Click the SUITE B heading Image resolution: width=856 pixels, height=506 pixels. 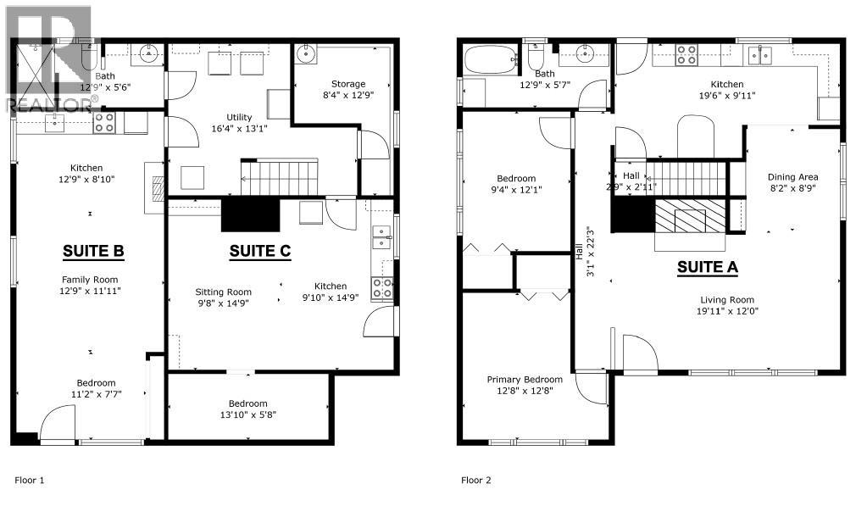coord(93,251)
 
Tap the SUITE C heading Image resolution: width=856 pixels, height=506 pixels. coord(260,251)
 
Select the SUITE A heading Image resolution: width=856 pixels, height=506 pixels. coord(708,267)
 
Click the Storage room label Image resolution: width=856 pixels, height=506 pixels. coord(348,84)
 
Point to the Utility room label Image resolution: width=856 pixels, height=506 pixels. coord(239,117)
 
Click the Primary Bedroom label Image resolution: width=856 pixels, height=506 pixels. coord(525,380)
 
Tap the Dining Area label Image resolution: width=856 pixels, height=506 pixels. coord(792,177)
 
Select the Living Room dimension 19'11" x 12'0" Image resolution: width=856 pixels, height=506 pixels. coord(727,311)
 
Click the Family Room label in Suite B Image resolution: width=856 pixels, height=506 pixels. coord(90,280)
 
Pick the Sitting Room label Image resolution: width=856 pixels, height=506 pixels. coord(223,292)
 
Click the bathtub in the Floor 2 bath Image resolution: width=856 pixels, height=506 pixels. coord(491,60)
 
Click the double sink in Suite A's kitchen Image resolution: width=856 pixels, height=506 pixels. coord(759,55)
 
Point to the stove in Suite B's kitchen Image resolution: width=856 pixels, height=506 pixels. coord(103,123)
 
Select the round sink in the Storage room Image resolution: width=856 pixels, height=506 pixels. coord(306,53)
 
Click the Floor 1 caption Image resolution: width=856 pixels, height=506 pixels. coord(30,481)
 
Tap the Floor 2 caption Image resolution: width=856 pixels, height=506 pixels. coord(476,481)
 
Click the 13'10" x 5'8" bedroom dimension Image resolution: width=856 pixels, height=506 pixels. coord(248,414)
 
